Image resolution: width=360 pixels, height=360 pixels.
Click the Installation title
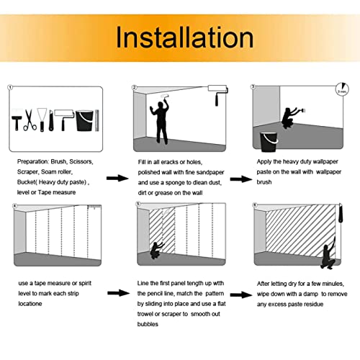click(184, 37)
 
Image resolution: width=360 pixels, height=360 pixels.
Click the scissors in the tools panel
click(30, 120)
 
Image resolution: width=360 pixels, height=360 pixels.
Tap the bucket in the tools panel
click(84, 120)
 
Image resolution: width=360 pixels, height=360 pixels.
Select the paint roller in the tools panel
click(64, 120)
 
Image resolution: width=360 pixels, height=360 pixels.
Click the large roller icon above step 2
click(218, 94)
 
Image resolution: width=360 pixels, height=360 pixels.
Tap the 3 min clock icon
click(342, 89)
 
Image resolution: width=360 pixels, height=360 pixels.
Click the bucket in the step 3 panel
click(269, 142)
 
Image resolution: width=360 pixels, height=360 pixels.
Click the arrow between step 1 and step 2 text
click(117, 178)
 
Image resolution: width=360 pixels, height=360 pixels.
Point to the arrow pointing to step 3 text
click(241, 179)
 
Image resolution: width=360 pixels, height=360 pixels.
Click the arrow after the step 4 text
click(118, 293)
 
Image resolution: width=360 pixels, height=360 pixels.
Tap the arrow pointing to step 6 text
click(241, 294)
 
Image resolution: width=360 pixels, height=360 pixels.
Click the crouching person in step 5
click(157, 251)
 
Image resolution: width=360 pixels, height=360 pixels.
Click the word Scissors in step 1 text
click(81, 161)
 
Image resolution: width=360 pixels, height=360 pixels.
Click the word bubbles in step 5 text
click(148, 324)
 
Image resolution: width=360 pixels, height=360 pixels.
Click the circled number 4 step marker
click(15, 206)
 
